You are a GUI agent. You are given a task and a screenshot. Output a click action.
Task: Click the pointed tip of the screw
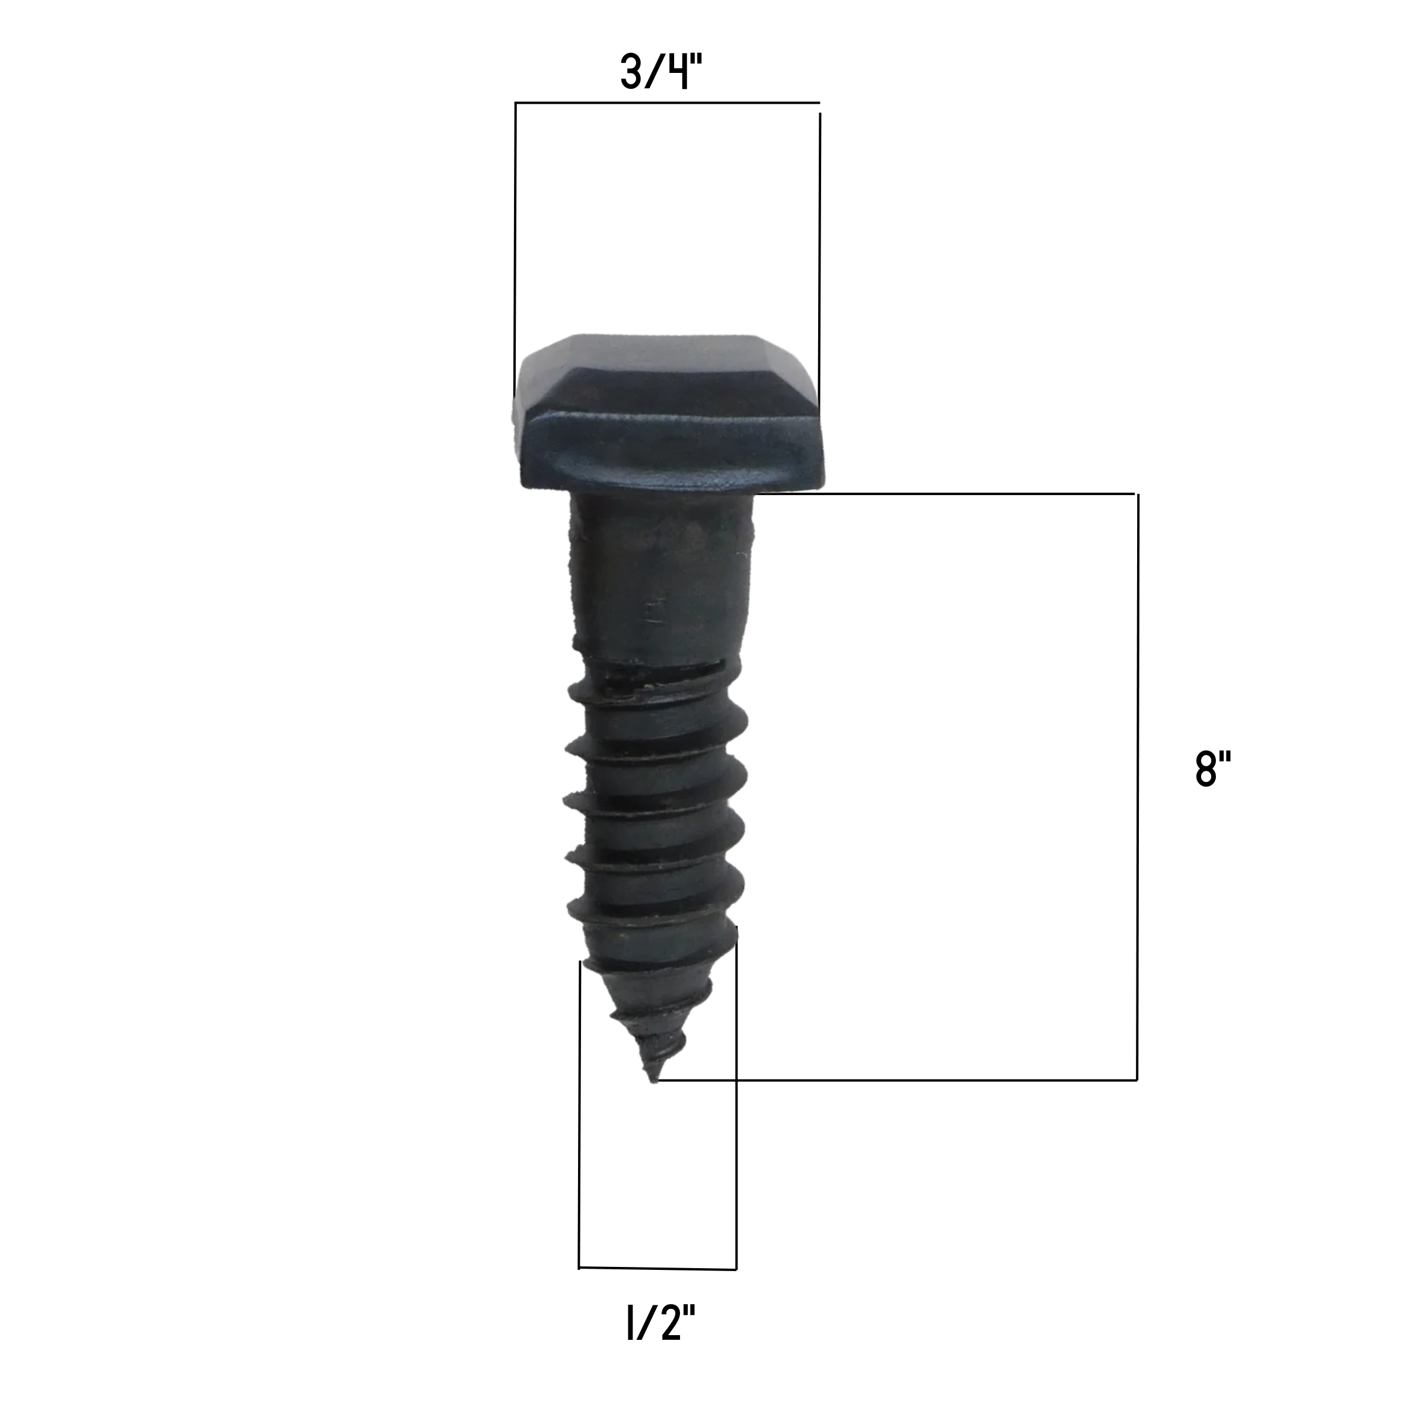654,1081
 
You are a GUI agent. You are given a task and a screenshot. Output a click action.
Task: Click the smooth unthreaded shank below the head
660,577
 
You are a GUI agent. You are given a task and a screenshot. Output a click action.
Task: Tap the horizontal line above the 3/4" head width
667,103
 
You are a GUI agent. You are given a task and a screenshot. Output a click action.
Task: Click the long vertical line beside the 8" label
1137,787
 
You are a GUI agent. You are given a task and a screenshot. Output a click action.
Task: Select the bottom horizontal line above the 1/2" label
657,1268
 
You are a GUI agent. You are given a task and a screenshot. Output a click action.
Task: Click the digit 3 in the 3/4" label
630,72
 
